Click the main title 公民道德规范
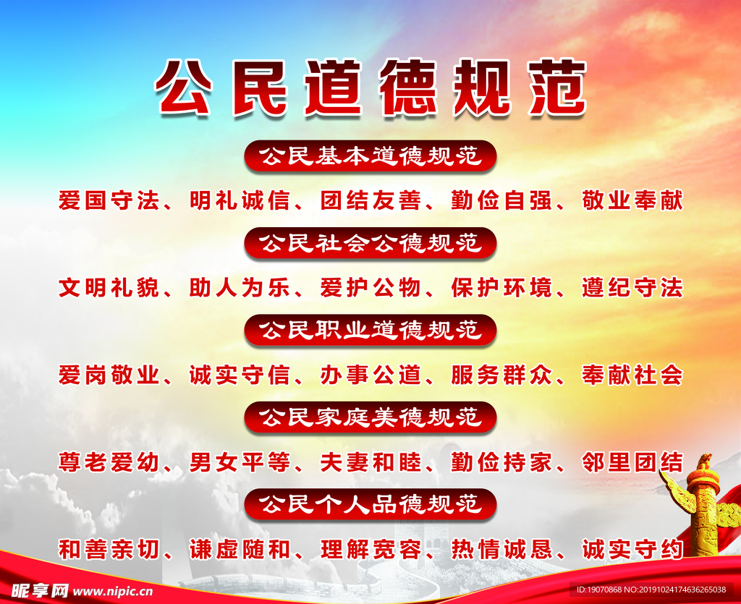[x=370, y=89]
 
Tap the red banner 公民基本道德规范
[x=370, y=156]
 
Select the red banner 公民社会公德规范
[x=370, y=243]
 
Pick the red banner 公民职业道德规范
[x=370, y=331]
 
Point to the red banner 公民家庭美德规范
[x=370, y=417]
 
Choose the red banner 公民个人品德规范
[x=370, y=504]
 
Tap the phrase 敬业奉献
[x=632, y=200]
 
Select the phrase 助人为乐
[x=239, y=288]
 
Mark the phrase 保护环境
[x=501, y=288]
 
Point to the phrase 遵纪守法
[x=632, y=288]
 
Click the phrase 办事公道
[x=370, y=375]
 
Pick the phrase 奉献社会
[x=632, y=375]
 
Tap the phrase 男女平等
[x=239, y=462]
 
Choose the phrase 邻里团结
[x=632, y=462]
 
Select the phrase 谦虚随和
[x=239, y=550]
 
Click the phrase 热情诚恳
[x=501, y=550]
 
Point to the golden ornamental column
[x=701, y=506]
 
